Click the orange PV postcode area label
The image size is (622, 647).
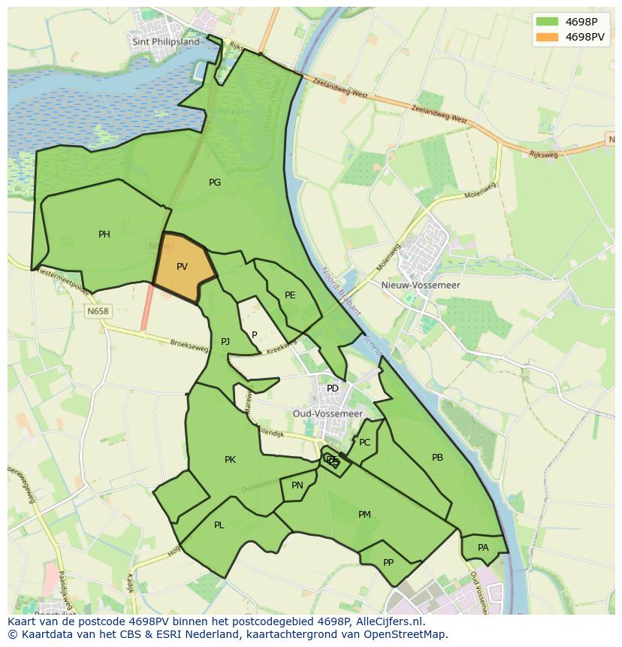(182, 267)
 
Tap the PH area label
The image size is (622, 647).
(104, 234)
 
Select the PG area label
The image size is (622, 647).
(215, 182)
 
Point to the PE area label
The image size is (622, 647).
(290, 295)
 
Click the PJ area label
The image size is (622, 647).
(225, 342)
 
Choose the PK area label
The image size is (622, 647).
(230, 460)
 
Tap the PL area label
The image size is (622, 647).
(219, 525)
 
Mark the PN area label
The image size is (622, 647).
(297, 485)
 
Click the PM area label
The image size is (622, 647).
(364, 515)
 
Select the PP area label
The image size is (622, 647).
(388, 562)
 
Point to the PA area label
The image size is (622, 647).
(483, 548)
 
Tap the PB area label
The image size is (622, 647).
(437, 458)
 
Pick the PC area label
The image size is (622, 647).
(365, 443)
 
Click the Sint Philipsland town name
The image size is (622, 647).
(166, 42)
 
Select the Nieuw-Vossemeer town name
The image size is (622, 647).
(431, 286)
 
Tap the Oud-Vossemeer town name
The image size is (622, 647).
(328, 414)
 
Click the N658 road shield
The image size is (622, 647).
(98, 311)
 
